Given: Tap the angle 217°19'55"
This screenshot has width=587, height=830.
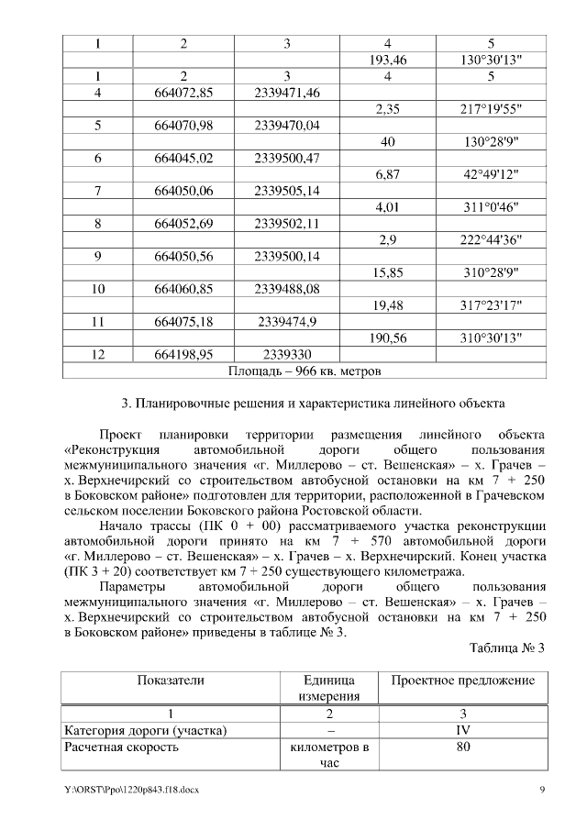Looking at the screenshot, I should (x=491, y=109).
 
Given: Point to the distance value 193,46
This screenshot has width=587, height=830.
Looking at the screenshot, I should (x=388, y=60).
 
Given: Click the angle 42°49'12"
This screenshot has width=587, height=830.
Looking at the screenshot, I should (x=491, y=174).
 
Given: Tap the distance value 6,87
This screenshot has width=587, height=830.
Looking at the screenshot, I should (x=388, y=174).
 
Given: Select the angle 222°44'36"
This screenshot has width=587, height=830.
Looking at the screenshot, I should (x=491, y=239).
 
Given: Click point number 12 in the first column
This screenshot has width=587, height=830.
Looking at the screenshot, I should (x=98, y=354).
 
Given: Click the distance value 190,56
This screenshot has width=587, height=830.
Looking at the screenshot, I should (x=388, y=338).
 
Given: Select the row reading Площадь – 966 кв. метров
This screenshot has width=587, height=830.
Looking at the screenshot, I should (x=303, y=371).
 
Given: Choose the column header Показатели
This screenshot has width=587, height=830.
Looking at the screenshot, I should (x=171, y=681).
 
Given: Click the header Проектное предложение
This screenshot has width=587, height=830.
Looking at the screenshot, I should (x=462, y=681).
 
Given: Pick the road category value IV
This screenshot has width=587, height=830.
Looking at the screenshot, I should (x=462, y=730).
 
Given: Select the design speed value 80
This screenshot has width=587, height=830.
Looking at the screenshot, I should (x=462, y=747).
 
